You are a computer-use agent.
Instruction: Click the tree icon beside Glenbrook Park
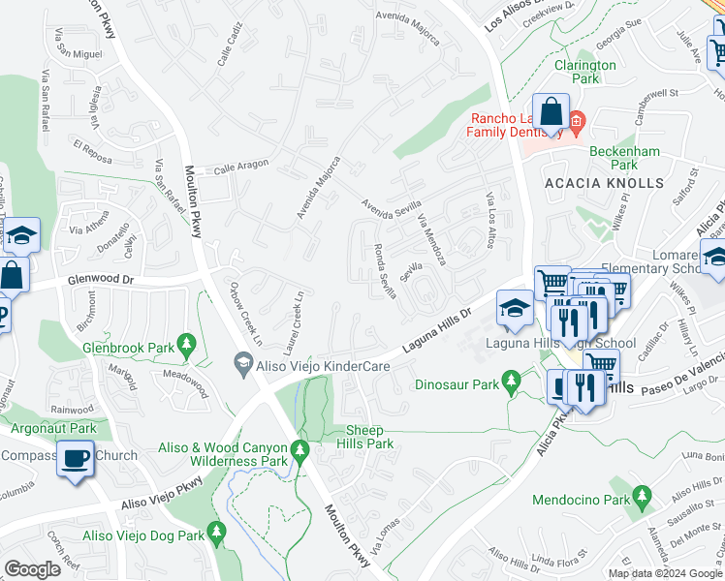(186, 344)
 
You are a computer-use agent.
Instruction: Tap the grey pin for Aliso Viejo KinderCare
(243, 365)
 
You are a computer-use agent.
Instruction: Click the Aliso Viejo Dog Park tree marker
(216, 534)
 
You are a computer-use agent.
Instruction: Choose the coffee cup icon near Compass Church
(75, 459)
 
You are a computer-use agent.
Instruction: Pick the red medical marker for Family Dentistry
(576, 122)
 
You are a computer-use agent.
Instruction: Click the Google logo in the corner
(32, 568)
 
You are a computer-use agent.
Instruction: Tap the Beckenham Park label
(626, 159)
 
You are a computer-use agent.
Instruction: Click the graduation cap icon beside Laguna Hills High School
(514, 309)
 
